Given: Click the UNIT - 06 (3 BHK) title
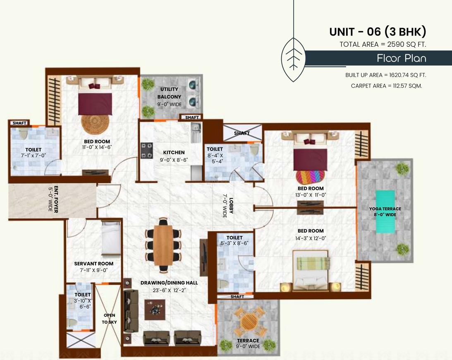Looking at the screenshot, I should pos(377,31).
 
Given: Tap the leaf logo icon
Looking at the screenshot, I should pos(293,58).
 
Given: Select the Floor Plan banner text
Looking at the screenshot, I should pos(401,58).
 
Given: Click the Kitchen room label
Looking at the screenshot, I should pos(174,152).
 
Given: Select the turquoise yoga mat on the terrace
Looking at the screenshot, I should pos(385,212).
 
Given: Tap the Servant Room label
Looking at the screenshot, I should pos(93,264).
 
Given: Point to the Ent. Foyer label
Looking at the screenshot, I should pos(53,200).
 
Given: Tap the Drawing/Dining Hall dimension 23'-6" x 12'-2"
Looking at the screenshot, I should pos(169,290).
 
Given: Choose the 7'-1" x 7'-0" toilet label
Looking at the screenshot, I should pos(33,153).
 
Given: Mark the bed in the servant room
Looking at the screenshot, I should pos(111,238).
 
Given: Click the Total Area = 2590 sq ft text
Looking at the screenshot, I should pos(383,44).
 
